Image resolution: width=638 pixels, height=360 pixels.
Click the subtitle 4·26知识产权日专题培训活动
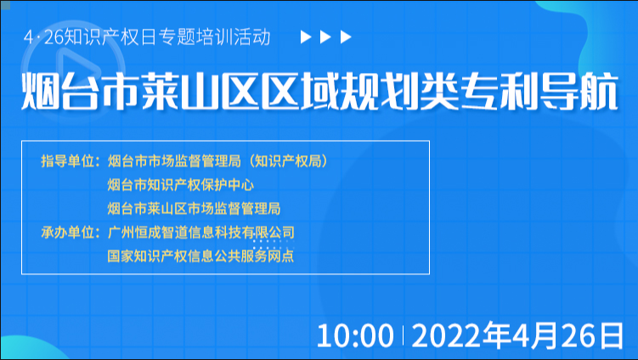pyautogui.click(x=147, y=37)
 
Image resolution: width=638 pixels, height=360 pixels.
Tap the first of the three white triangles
pyautogui.click(x=305, y=37)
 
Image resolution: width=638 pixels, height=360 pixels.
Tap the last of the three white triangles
pyautogui.click(x=346, y=37)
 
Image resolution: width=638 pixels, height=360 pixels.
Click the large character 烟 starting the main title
pyautogui.click(x=40, y=91)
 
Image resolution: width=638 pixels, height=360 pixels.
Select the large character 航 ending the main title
pyautogui.click(x=599, y=91)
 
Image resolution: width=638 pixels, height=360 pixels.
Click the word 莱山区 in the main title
pyautogui.click(x=200, y=91)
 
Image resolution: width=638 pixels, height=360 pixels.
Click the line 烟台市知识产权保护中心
pyautogui.click(x=181, y=185)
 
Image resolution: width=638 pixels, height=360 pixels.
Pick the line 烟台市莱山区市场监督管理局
pyautogui.click(x=194, y=208)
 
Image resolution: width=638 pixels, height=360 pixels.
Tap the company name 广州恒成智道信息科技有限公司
pyautogui.click(x=201, y=233)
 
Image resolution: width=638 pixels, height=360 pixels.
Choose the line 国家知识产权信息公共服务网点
pyautogui.click(x=200, y=256)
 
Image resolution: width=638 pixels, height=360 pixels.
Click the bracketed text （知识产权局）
pyautogui.click(x=288, y=161)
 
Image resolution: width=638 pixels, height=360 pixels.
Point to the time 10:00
pyautogui.click(x=355, y=336)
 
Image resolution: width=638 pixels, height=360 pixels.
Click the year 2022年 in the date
pyautogui.click(x=461, y=336)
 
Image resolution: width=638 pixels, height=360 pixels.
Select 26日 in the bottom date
pyautogui.click(x=593, y=336)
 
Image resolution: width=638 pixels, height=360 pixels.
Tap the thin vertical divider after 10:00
pyautogui.click(x=403, y=335)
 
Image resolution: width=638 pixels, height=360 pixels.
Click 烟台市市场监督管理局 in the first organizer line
pyautogui.click(x=174, y=161)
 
